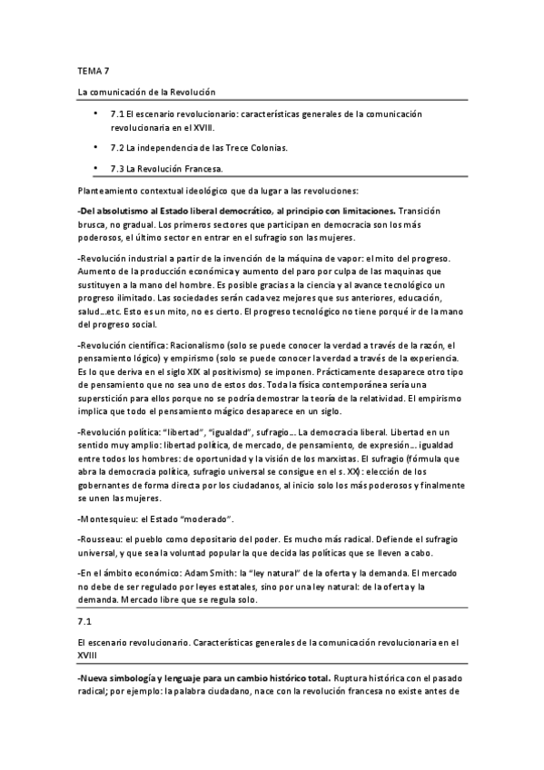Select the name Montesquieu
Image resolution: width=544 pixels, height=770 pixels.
[116, 517]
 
